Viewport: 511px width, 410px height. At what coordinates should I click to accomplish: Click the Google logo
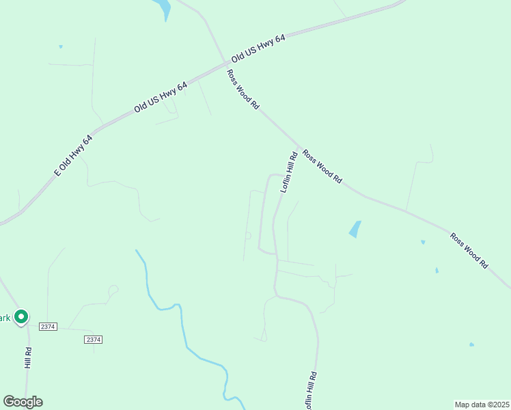(x=23, y=402)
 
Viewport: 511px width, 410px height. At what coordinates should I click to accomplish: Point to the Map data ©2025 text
(x=482, y=404)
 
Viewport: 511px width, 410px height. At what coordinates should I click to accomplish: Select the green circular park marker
(x=21, y=316)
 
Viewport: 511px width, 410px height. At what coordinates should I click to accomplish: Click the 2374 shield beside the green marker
(x=47, y=327)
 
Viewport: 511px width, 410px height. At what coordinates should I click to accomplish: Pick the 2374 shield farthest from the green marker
(x=93, y=340)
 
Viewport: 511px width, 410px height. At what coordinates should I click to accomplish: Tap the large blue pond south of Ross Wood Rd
(x=355, y=229)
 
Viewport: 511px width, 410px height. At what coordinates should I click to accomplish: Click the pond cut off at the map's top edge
(x=163, y=8)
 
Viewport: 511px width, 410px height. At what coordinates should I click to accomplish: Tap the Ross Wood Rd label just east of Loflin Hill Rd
(x=322, y=166)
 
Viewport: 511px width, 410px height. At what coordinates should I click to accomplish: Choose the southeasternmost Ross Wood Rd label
(x=469, y=249)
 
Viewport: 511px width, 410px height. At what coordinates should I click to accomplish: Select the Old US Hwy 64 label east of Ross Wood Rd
(x=258, y=48)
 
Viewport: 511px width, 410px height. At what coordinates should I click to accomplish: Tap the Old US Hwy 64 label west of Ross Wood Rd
(x=161, y=97)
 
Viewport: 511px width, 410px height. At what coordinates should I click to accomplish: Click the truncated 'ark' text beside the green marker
(x=5, y=317)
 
